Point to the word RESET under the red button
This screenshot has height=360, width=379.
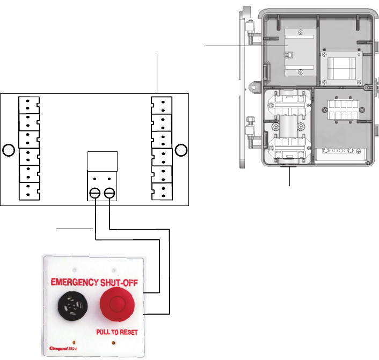[x=128, y=332]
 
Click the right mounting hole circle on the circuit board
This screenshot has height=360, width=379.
[x=181, y=150]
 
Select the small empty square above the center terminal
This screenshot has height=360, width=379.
[x=102, y=160]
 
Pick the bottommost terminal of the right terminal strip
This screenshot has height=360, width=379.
[x=162, y=192]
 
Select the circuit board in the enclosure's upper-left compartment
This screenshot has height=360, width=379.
[x=291, y=54]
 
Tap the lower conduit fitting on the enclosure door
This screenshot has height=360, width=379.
[x=250, y=124]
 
